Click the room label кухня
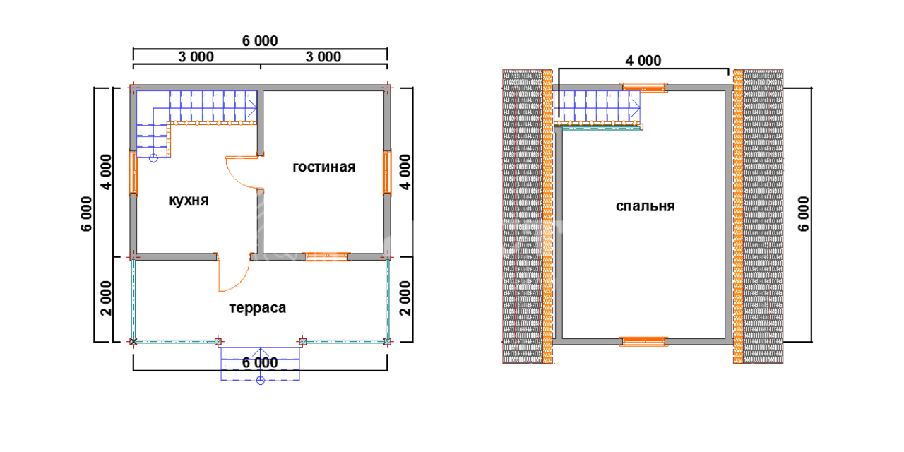coord(189,200)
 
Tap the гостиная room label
coord(324,167)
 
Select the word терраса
coord(257,308)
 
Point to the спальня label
coord(645,206)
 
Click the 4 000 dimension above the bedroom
coord(643,61)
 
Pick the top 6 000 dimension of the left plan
coord(260,41)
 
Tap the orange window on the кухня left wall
coord(133,172)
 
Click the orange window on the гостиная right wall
coord(387,172)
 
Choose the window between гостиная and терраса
coord(327,256)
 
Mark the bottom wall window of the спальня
coord(643,342)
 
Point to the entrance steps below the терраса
coord(260,364)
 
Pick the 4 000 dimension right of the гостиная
coord(405,172)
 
